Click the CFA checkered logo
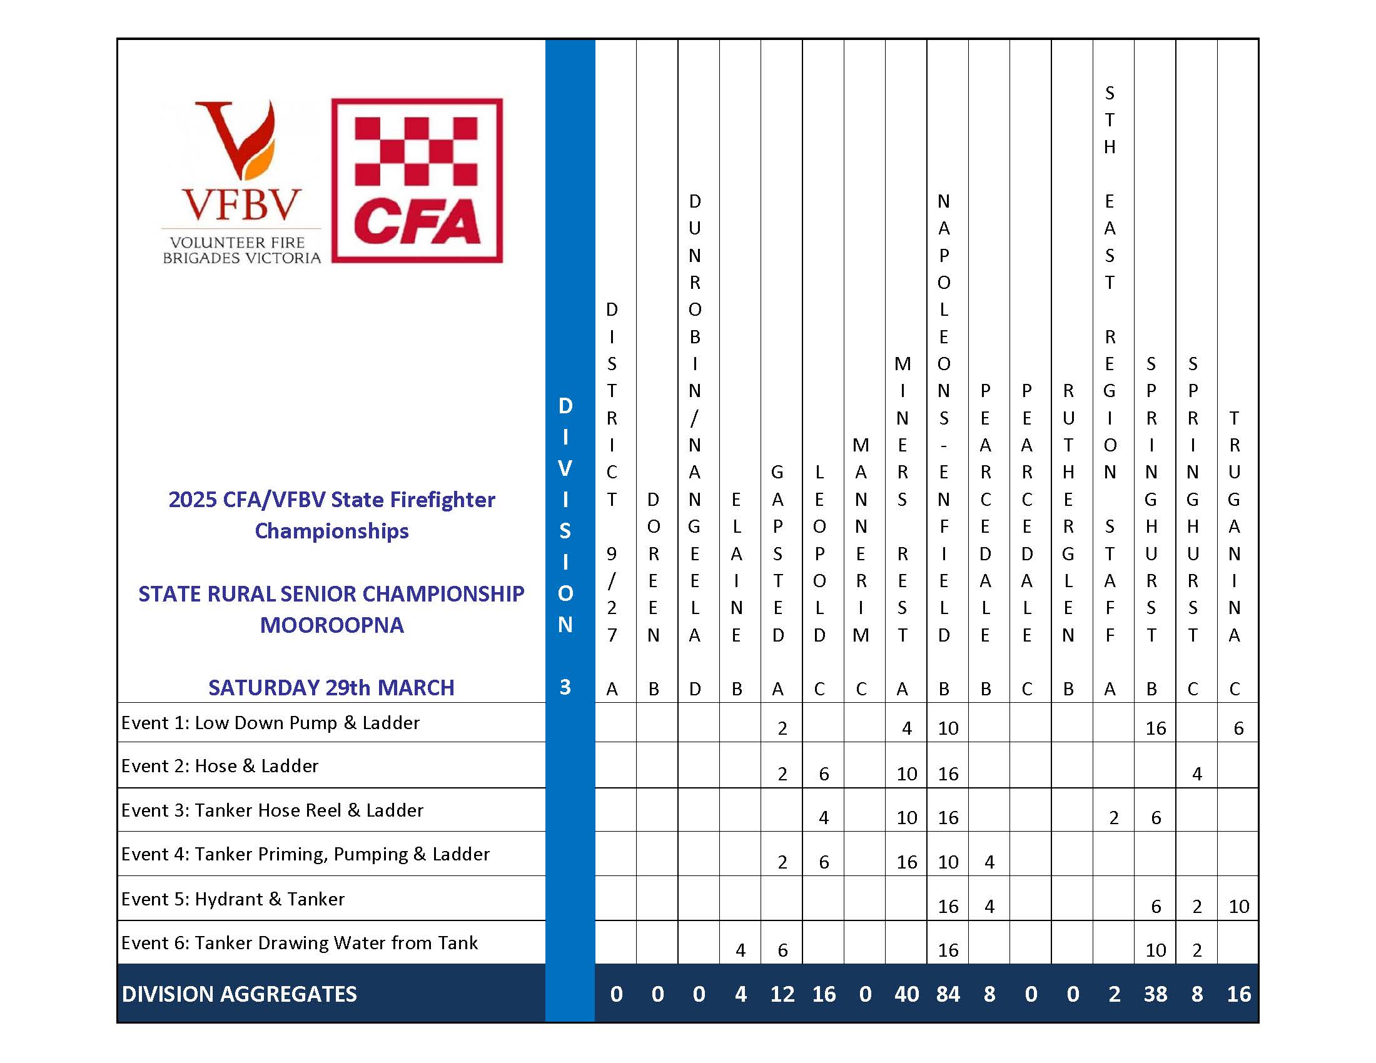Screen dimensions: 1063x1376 [417, 180]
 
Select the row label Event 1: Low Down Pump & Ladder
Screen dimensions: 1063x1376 [270, 722]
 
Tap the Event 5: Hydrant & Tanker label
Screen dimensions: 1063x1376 [233, 899]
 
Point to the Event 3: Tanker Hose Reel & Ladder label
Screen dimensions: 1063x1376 [272, 810]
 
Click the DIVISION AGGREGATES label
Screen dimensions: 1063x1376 [240, 994]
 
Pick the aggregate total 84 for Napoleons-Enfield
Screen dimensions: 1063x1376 [948, 994]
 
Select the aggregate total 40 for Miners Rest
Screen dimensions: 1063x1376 [906, 994]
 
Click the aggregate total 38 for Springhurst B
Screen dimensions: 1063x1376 [1155, 994]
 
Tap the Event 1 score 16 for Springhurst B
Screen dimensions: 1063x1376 [1155, 728]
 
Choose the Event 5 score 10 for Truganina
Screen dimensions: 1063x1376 [1238, 906]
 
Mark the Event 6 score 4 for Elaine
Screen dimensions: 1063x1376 [741, 950]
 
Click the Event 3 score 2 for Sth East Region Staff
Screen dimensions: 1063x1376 [1114, 818]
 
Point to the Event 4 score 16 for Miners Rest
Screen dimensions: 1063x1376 [906, 862]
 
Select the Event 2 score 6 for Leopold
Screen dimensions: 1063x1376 [824, 774]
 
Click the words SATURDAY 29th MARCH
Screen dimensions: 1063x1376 [331, 687]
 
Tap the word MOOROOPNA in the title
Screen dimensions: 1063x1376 [331, 625]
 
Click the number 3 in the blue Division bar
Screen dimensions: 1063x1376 [565, 687]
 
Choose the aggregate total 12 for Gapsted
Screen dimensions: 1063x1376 [782, 994]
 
